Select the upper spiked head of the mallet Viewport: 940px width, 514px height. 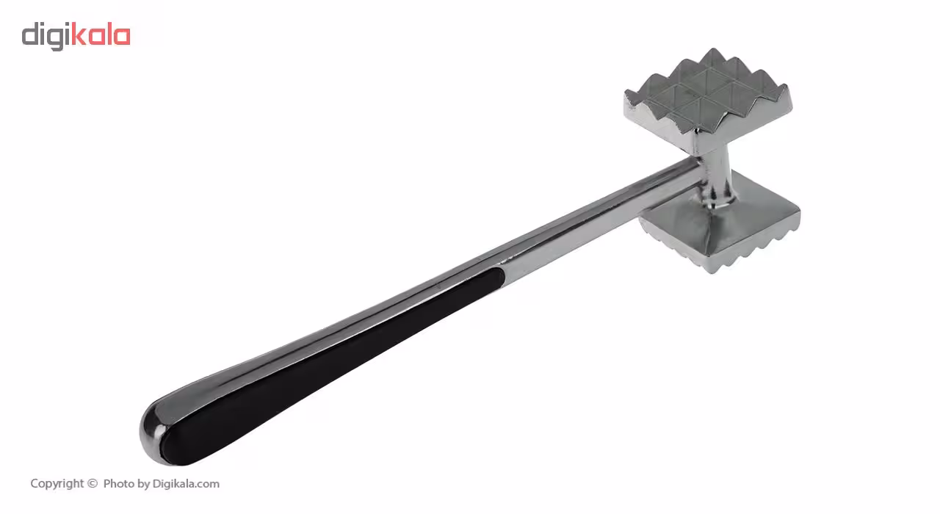point(709,98)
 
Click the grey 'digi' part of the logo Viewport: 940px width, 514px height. point(46,37)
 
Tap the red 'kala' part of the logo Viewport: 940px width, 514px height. point(101,34)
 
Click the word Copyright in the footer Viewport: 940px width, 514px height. point(57,484)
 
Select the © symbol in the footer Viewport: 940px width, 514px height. point(93,484)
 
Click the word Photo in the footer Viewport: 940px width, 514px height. point(119,483)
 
